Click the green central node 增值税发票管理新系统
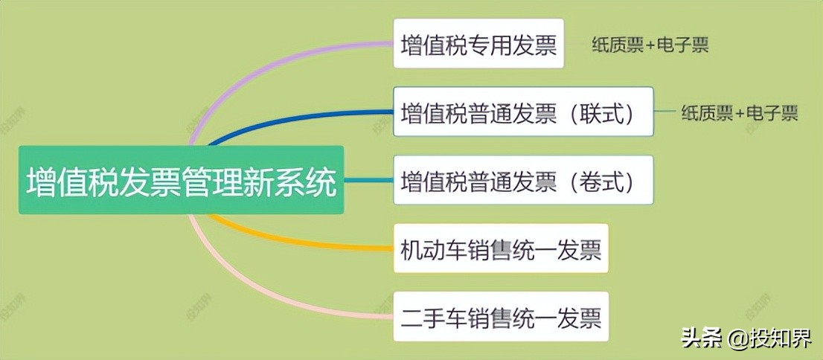click(x=182, y=181)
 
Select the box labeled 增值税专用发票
click(x=478, y=44)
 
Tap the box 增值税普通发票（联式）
click(x=522, y=112)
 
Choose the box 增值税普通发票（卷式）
click(x=522, y=180)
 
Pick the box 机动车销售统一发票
click(x=500, y=248)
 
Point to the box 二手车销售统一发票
click(x=500, y=317)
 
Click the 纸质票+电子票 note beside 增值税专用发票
click(x=650, y=45)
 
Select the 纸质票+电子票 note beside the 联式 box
click(x=739, y=113)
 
